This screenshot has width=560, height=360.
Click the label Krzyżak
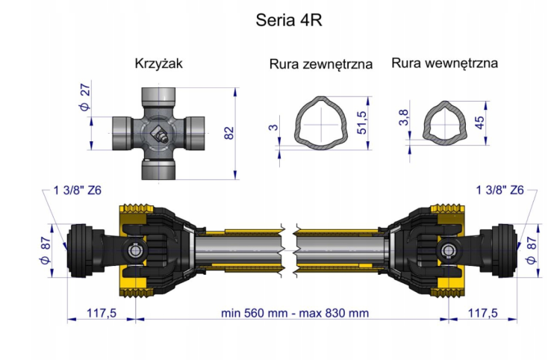pos(158,63)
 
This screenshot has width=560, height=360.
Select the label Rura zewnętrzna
pos(321,64)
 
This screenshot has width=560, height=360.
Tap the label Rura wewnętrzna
pos(444,63)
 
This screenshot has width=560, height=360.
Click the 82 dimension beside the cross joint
pos(229,133)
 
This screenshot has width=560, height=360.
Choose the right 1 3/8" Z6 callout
pos(500,190)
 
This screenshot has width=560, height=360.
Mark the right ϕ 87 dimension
pos(532,248)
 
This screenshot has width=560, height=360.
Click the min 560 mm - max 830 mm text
pos(294,313)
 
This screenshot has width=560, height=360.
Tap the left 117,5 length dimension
pos(101,313)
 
